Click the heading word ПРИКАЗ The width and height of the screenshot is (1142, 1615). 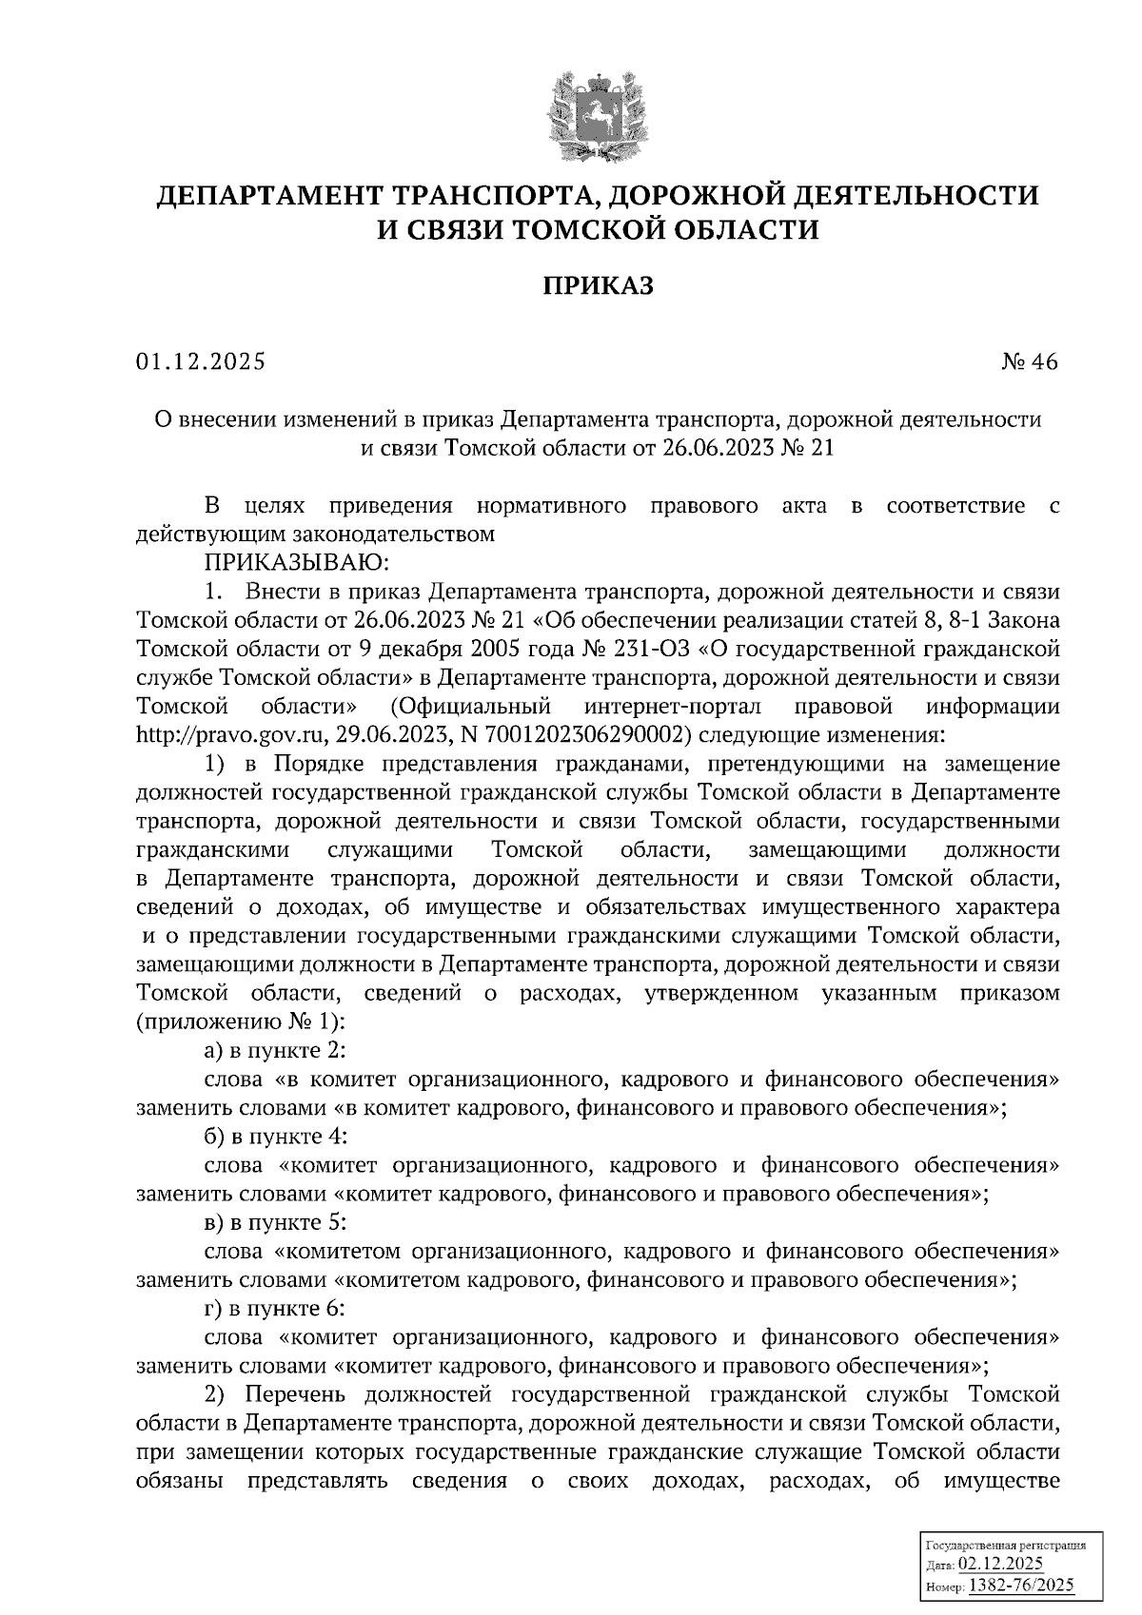pos(598,285)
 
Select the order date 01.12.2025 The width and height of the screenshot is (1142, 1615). pos(201,362)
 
